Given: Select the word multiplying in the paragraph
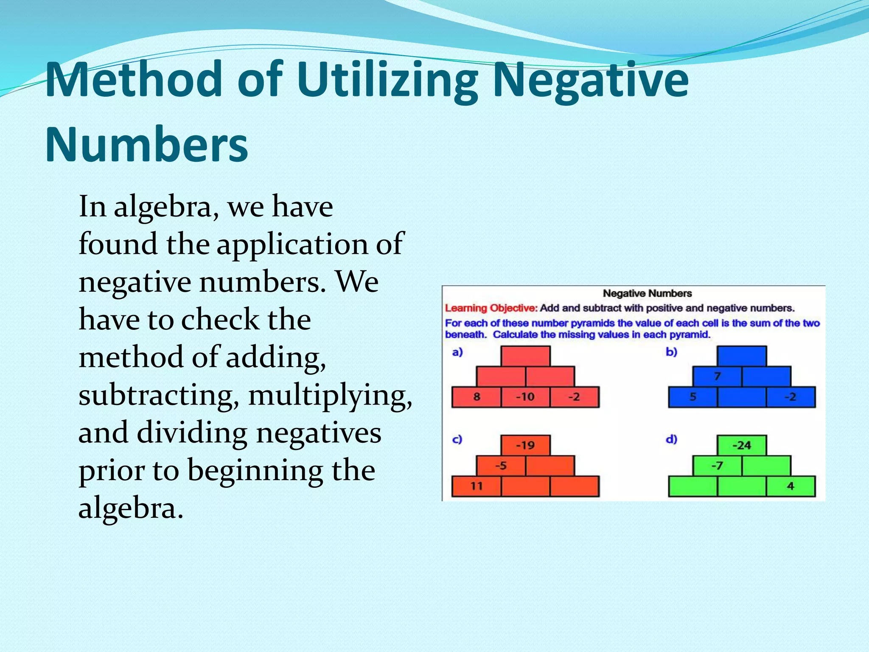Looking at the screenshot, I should click(x=330, y=395).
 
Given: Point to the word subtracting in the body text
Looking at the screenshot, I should click(x=156, y=395).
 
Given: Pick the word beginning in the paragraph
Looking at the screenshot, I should click(x=255, y=470).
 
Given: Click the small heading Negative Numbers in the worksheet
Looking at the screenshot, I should click(x=647, y=293).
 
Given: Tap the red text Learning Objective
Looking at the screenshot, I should click(x=491, y=308).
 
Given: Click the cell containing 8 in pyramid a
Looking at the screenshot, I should click(x=477, y=397).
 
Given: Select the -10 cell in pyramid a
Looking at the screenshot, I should click(x=525, y=397).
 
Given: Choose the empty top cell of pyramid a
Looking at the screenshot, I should click(x=525, y=356).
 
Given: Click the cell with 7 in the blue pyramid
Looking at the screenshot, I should click(x=717, y=377).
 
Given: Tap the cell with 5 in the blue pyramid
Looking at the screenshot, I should click(x=693, y=397).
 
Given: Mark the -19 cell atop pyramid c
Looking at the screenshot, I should click(x=525, y=445).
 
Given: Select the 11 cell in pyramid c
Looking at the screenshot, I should click(x=477, y=486).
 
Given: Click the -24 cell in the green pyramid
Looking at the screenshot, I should click(x=742, y=445).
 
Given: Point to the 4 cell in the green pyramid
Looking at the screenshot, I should click(x=791, y=486).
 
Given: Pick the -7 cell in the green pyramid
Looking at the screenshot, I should click(x=717, y=466).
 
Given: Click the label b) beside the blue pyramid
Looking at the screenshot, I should click(x=671, y=352).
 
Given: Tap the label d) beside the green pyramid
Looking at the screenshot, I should click(x=671, y=439).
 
